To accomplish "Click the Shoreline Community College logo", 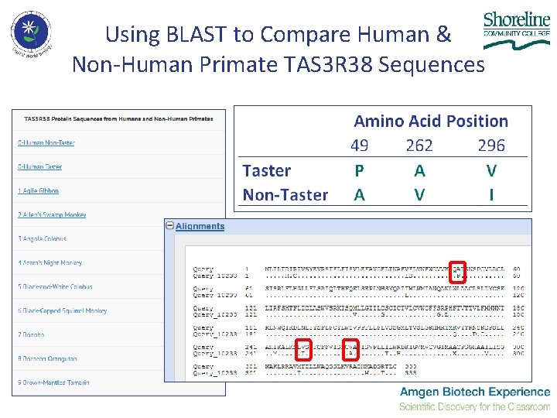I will (x=516, y=29).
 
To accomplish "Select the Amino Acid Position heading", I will (x=431, y=122).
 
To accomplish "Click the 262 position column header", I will (x=419, y=146).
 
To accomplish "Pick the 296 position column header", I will (x=491, y=146).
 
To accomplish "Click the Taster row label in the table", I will (x=266, y=171).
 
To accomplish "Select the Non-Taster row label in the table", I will (x=285, y=195).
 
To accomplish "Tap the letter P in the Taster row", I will (x=359, y=171).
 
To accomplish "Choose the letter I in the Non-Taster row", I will (x=491, y=195).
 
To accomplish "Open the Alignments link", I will (x=200, y=226).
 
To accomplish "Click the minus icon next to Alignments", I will (x=169, y=226).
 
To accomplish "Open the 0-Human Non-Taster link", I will (x=46, y=143).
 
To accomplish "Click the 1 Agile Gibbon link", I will (x=39, y=191).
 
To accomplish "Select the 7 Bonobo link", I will (x=31, y=335).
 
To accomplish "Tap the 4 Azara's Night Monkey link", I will (x=50, y=263).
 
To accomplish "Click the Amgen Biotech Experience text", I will (x=474, y=392).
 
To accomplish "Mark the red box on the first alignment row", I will (x=458, y=272).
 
